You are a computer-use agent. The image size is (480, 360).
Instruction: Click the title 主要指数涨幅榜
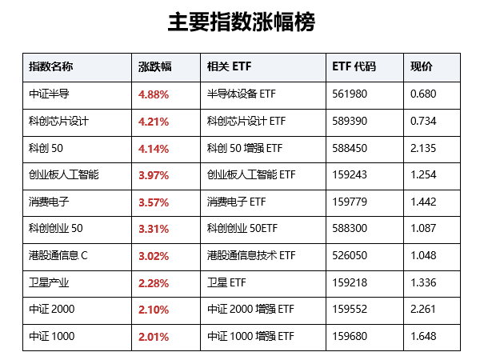coord(242,22)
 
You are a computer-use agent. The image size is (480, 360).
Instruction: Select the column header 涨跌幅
coord(155,66)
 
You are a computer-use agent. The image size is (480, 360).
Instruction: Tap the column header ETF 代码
coord(354,66)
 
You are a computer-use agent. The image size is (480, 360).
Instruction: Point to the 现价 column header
coord(422,66)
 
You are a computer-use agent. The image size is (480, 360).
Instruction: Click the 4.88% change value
coord(154,94)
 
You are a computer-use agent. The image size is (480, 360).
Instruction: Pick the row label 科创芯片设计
coord(58,121)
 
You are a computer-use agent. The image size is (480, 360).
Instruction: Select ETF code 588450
coord(350,148)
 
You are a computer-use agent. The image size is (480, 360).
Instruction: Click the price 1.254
coord(423,174)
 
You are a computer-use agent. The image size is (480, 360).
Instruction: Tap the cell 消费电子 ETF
coord(236,202)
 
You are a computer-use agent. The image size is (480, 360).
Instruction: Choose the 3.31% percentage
coord(154,229)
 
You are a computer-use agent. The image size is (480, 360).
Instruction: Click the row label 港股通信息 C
coord(58,255)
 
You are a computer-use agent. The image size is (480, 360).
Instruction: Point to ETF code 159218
coord(350,282)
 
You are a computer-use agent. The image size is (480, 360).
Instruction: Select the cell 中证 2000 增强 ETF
coord(250,309)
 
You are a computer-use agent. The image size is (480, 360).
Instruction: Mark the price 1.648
coord(423,337)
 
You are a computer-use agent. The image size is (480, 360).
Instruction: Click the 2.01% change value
coord(154,337)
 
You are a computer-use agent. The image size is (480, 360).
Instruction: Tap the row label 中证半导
coord(49,94)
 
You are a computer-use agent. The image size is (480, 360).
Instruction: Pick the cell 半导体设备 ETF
coord(242,94)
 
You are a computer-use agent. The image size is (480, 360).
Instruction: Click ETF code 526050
coord(350,256)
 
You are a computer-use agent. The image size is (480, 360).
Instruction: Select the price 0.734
coord(423,122)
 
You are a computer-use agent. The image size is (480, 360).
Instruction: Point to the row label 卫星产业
coord(49,282)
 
